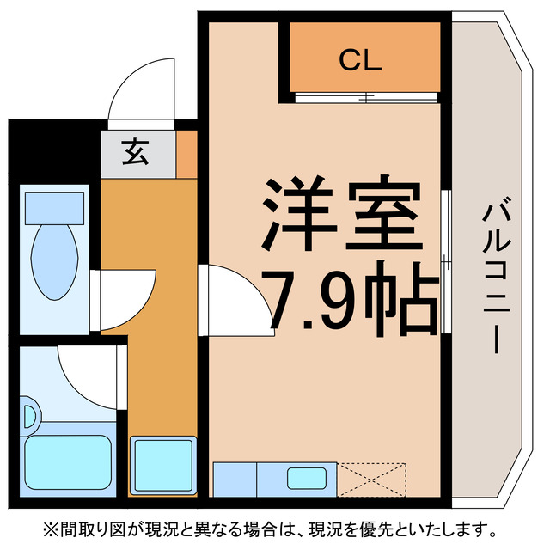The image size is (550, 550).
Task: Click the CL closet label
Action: pyautogui.click(x=360, y=60)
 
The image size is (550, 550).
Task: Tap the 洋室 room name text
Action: pyautogui.click(x=342, y=215)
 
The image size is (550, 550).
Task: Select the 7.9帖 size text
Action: pyautogui.click(x=348, y=301)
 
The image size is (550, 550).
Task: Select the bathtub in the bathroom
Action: pyautogui.click(x=69, y=465)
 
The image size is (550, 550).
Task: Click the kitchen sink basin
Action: pyautogui.click(x=305, y=477)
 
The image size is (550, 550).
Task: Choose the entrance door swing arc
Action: pyautogui.click(x=137, y=90)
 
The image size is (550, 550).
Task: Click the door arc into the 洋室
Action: pyautogui.click(x=232, y=296)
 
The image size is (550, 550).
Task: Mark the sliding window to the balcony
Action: pyautogui.click(x=444, y=261)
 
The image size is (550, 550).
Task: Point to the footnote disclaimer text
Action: pyautogui.click(x=275, y=527)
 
